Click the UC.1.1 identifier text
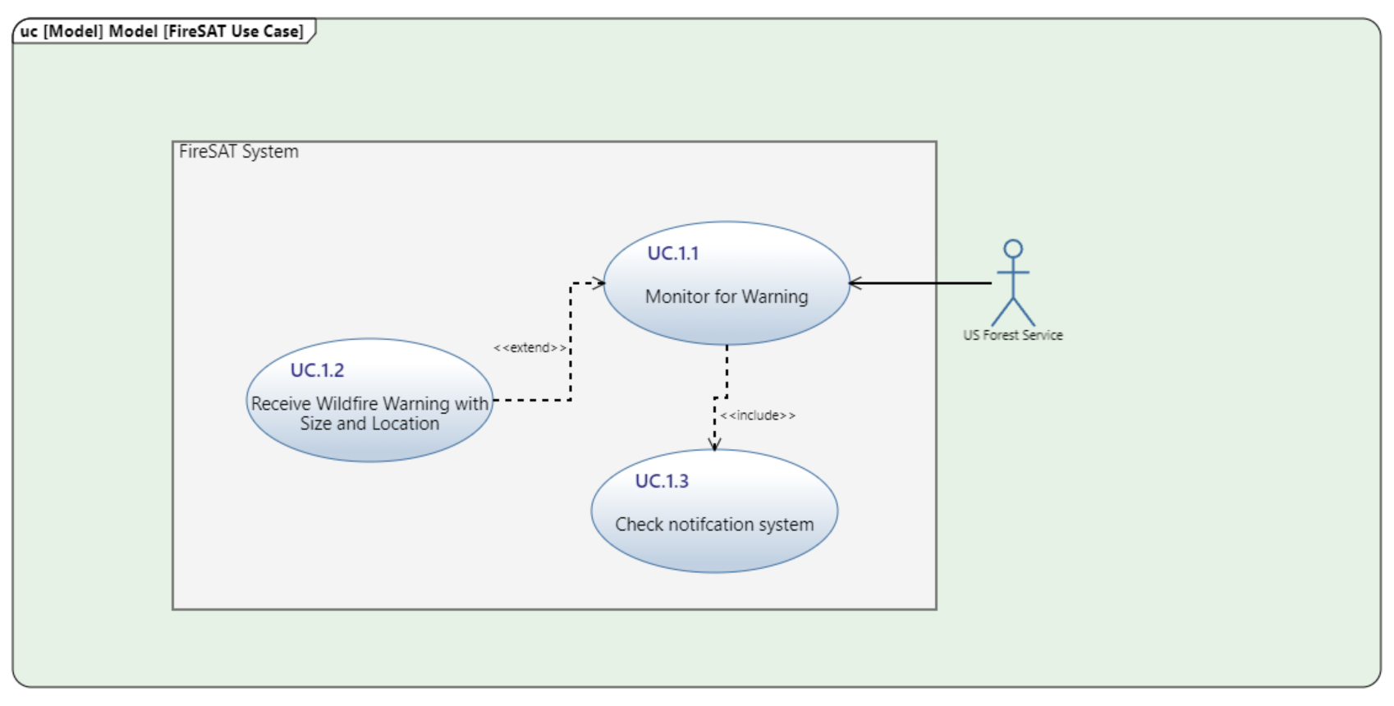[672, 254]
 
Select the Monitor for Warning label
[726, 296]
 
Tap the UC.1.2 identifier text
[317, 370]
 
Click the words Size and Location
[369, 424]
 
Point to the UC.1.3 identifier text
[661, 481]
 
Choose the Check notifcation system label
[714, 525]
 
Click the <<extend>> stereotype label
[530, 348]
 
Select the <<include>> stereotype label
[757, 415]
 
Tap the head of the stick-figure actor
[1013, 249]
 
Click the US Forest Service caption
[1012, 335]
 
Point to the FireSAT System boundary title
[239, 152]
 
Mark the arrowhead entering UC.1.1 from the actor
[855, 283]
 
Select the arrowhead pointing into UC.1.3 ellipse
[714, 444]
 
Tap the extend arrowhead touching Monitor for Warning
[599, 283]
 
